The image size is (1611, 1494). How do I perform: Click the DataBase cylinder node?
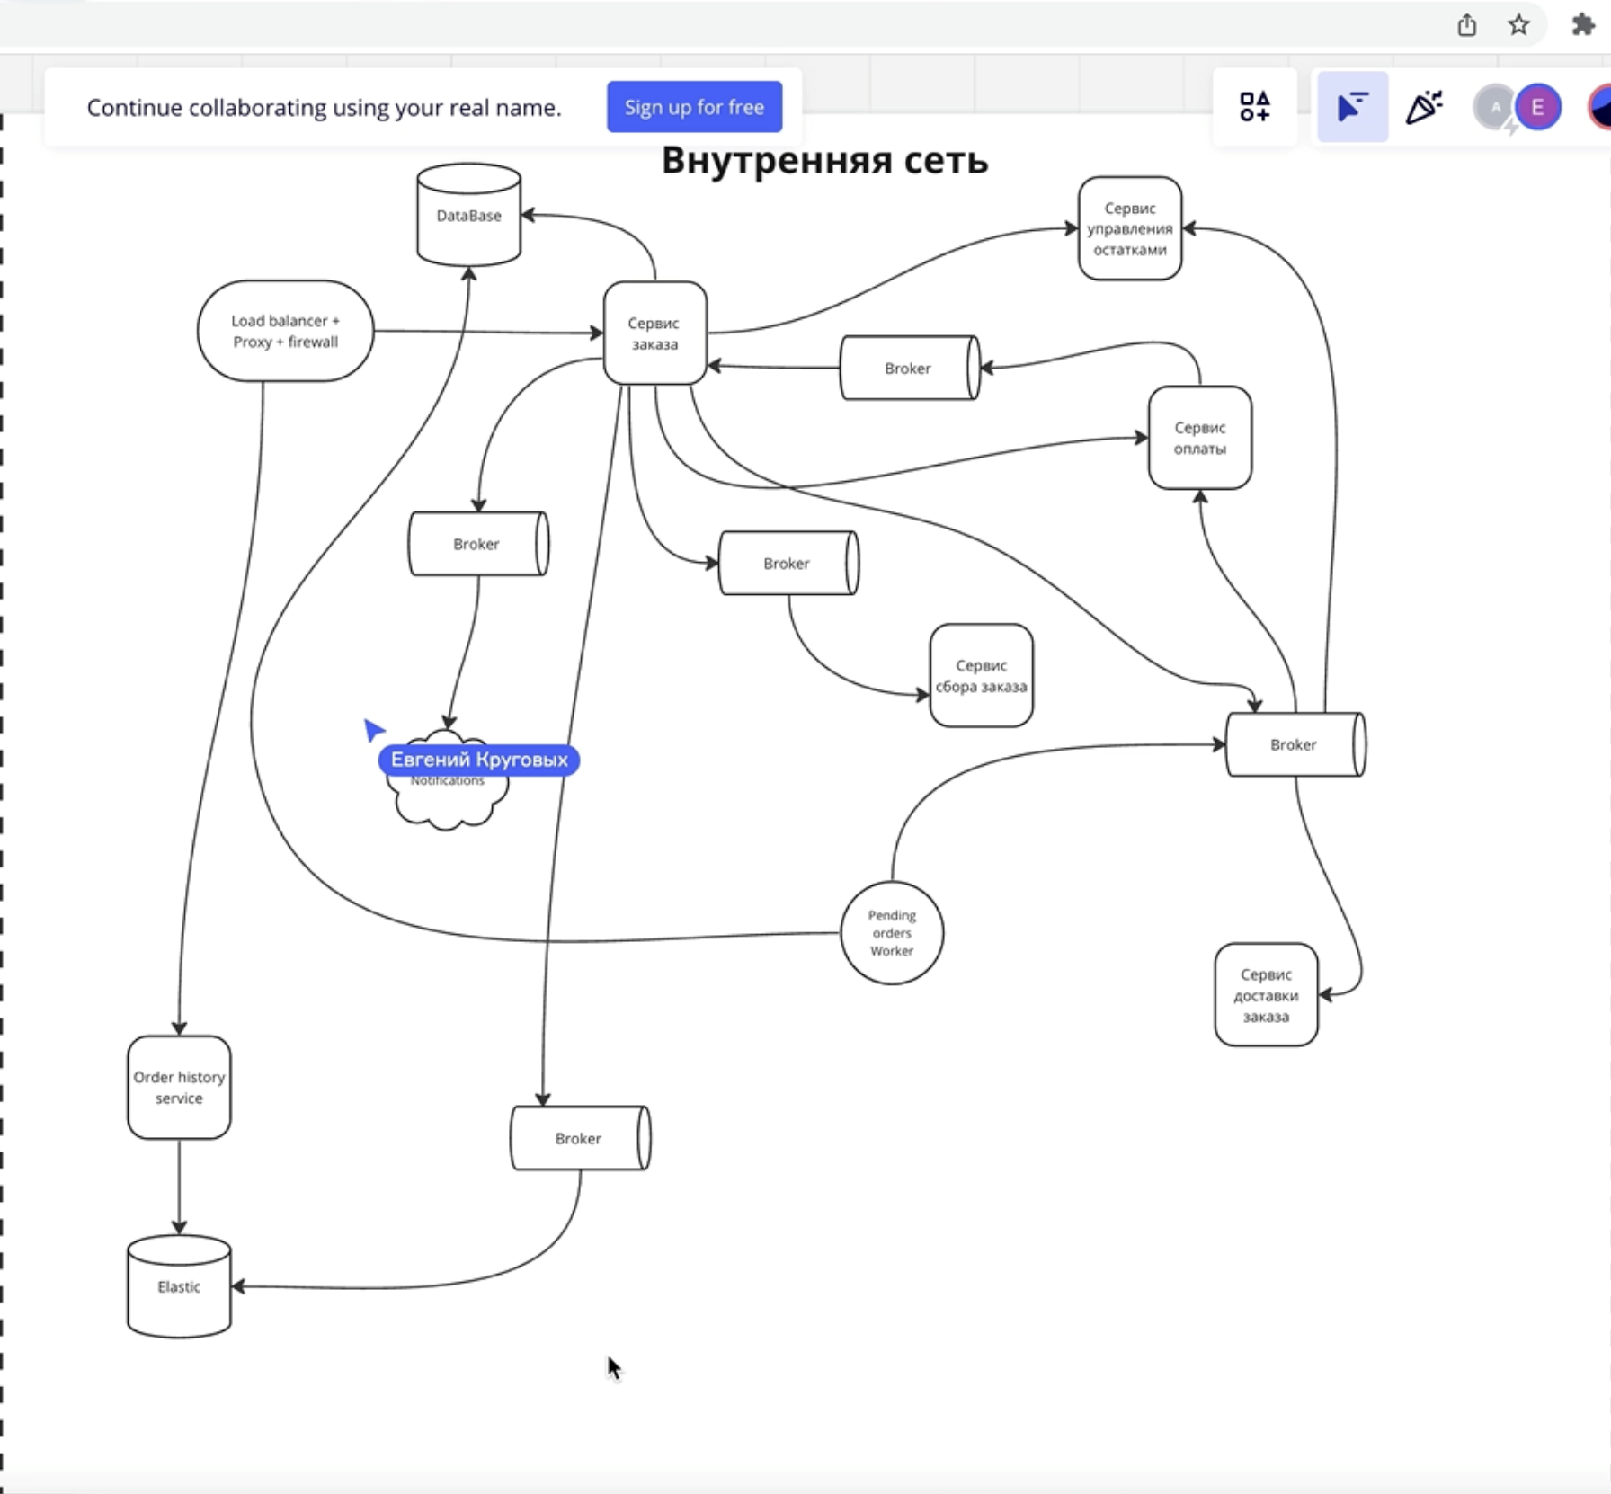(x=468, y=216)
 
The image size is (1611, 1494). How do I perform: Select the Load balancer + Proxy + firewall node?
(x=285, y=331)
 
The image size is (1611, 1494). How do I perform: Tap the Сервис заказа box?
(x=654, y=333)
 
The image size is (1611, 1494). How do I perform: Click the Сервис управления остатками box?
(x=1129, y=228)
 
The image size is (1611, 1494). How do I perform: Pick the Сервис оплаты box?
(x=1199, y=438)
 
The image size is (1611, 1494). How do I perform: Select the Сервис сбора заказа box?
(x=981, y=675)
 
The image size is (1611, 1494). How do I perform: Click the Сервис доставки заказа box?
(x=1266, y=995)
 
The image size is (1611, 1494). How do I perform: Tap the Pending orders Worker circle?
(x=892, y=933)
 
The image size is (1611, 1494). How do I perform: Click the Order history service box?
(x=179, y=1087)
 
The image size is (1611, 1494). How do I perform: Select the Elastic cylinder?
(x=179, y=1287)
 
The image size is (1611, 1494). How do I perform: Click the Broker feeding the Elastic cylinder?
(x=579, y=1138)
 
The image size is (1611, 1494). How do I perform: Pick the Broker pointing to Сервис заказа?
(x=908, y=368)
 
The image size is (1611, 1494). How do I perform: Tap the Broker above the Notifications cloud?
(x=477, y=544)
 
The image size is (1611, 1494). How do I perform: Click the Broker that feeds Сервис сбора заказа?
(x=788, y=563)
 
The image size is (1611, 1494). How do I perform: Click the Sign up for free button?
(x=694, y=107)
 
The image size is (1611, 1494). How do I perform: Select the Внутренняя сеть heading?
(x=824, y=160)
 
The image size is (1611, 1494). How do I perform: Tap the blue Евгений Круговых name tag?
(x=479, y=760)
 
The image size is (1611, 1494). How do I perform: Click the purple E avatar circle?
(x=1537, y=108)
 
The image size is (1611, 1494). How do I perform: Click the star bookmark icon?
(x=1518, y=25)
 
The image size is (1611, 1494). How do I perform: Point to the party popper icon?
(x=1424, y=108)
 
